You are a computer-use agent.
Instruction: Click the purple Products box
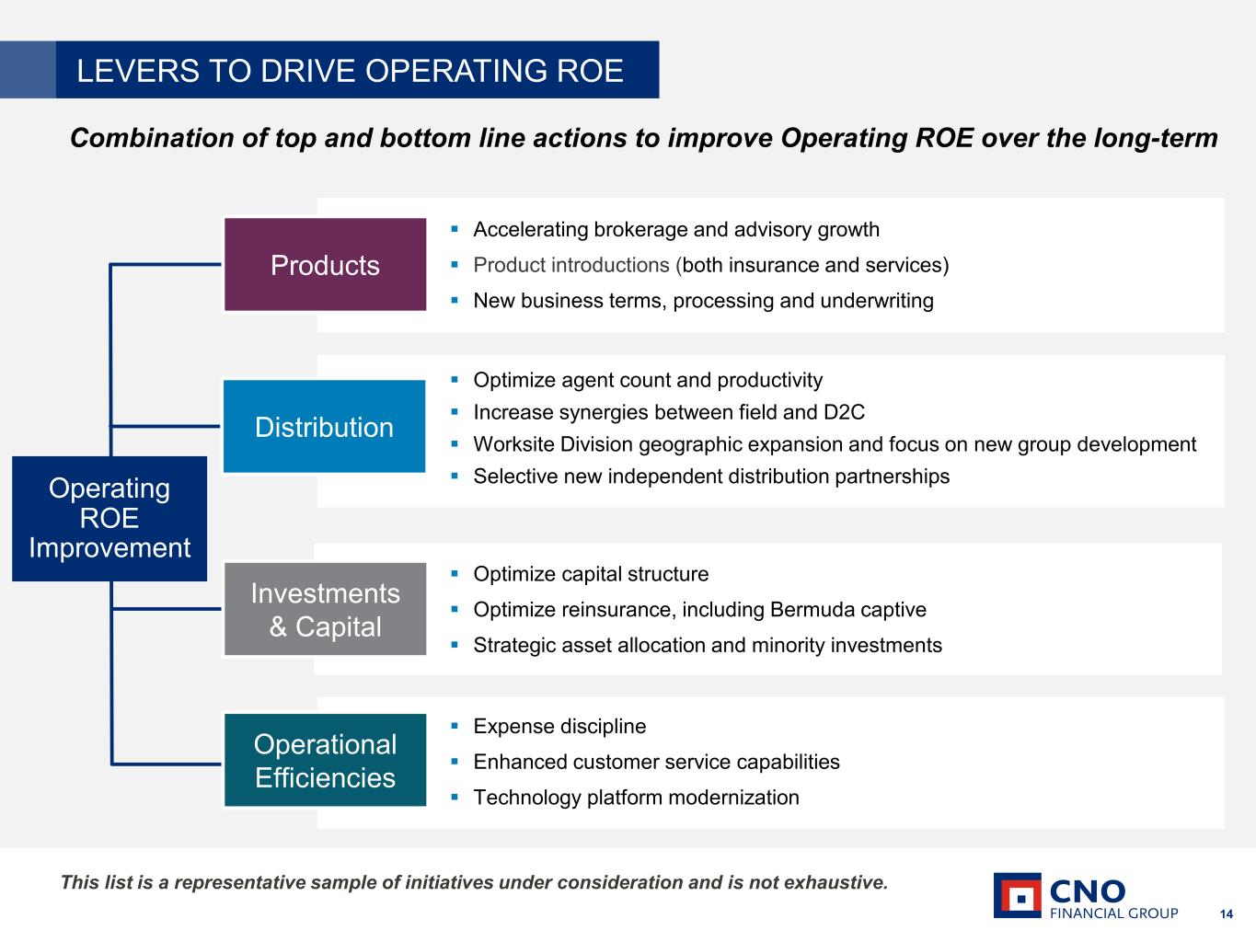(x=325, y=265)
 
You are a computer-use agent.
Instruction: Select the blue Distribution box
(x=324, y=427)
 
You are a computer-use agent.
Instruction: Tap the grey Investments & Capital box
(x=325, y=609)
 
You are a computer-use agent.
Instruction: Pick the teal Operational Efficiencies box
(x=325, y=761)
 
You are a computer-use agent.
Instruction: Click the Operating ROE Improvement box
(x=109, y=518)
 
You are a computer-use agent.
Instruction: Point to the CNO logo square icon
(x=1017, y=895)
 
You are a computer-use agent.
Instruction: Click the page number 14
(x=1226, y=913)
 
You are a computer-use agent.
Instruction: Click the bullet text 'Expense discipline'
(x=559, y=727)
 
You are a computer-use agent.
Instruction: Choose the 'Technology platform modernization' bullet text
(x=636, y=798)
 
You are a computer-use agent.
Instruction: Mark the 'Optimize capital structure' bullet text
(x=591, y=574)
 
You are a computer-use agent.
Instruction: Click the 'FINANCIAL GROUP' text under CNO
(x=1113, y=913)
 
